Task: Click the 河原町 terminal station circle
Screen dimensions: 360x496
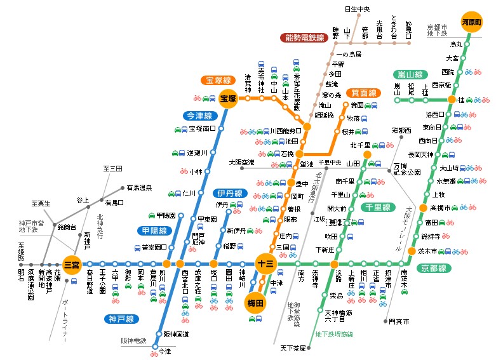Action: [472, 21]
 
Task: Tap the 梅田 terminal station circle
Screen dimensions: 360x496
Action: [256, 304]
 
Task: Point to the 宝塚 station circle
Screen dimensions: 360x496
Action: [228, 98]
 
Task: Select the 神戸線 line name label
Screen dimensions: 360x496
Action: [121, 319]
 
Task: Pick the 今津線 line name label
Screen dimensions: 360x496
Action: [199, 116]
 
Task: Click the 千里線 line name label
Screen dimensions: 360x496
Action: [377, 207]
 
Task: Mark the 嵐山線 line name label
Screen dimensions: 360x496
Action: [411, 74]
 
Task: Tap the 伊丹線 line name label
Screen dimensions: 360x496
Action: [229, 193]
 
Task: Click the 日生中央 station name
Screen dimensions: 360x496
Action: [356, 9]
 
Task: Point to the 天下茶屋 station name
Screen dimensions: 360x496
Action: [293, 349]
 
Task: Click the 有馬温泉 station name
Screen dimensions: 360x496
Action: [139, 188]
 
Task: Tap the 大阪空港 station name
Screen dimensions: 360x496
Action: [241, 163]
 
